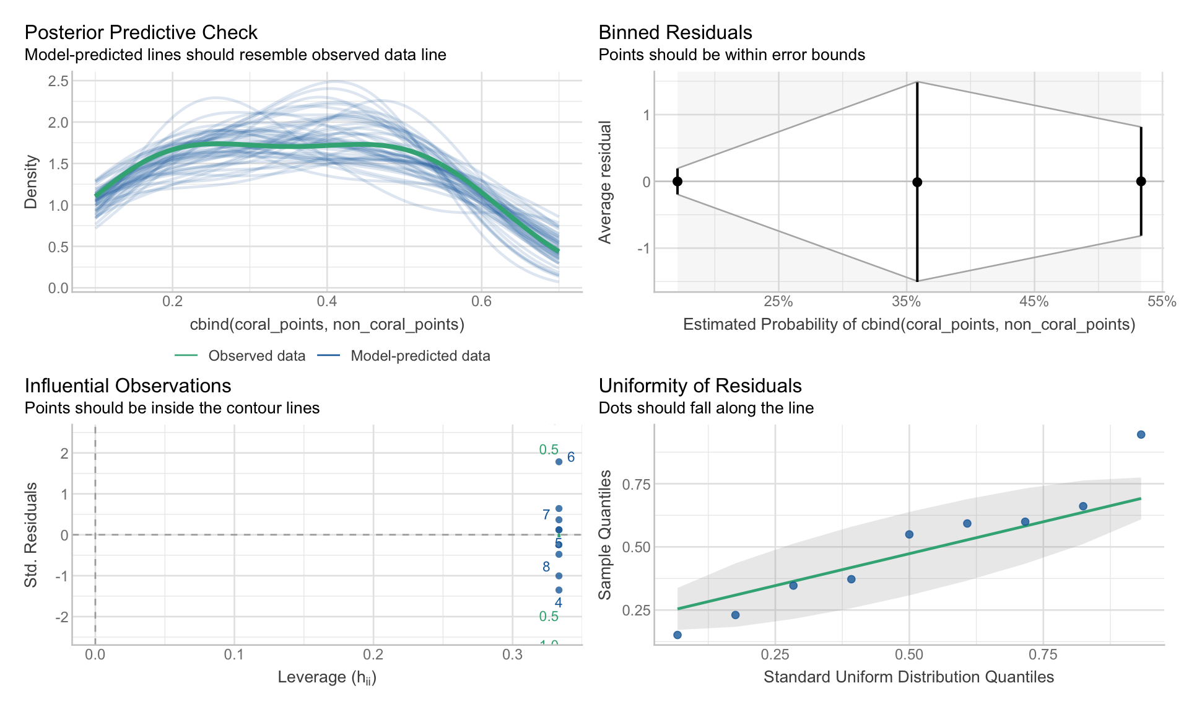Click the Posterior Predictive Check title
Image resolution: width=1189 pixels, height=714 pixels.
(141, 32)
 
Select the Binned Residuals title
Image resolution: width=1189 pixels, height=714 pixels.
(675, 32)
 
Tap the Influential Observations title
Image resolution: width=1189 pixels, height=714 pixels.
(128, 386)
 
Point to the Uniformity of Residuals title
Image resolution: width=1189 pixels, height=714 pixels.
(700, 386)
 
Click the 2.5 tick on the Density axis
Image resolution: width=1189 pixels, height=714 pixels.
(58, 81)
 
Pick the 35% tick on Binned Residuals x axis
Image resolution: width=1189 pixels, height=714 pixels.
(906, 302)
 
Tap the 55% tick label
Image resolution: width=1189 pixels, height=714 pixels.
(1162, 302)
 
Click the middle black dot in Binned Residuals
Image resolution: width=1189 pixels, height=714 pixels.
(917, 182)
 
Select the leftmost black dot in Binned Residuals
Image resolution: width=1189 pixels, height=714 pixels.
(677, 182)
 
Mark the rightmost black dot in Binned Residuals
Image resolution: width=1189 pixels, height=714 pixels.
(1141, 182)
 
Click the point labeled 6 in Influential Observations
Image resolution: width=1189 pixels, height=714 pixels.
(559, 462)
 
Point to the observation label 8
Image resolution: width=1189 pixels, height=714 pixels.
(546, 566)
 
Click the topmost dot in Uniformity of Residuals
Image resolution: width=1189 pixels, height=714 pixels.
(1141, 434)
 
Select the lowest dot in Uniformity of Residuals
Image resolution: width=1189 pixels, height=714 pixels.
(677, 635)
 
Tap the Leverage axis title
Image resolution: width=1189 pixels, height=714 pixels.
(327, 677)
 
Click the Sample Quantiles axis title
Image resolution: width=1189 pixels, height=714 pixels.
(605, 535)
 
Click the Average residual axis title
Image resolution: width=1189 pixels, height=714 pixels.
(605, 182)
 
